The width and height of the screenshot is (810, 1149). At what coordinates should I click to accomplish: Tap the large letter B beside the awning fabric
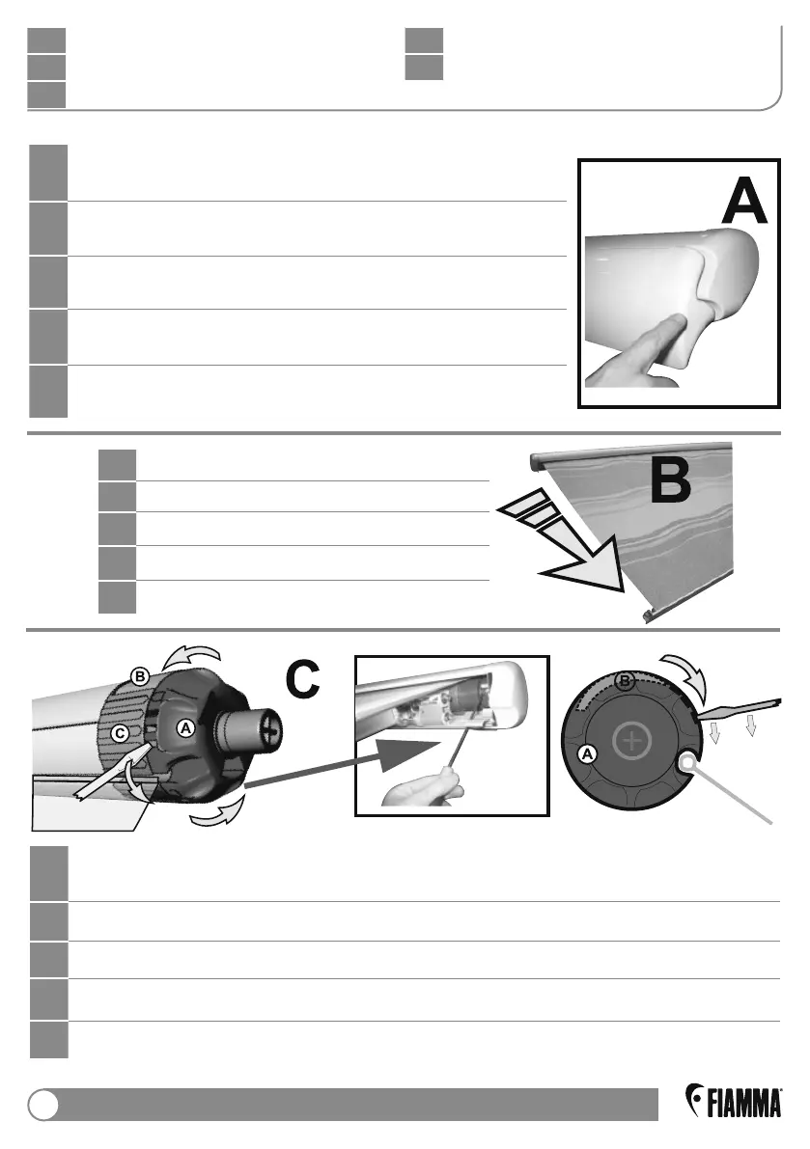point(683,483)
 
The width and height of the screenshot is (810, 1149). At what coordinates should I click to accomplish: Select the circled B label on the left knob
point(140,677)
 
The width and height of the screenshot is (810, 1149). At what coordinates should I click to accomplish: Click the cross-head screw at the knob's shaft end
point(271,730)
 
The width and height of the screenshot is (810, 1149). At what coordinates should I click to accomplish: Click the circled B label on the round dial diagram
point(625,682)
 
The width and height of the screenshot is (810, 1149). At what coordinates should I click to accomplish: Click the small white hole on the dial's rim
point(685,763)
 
